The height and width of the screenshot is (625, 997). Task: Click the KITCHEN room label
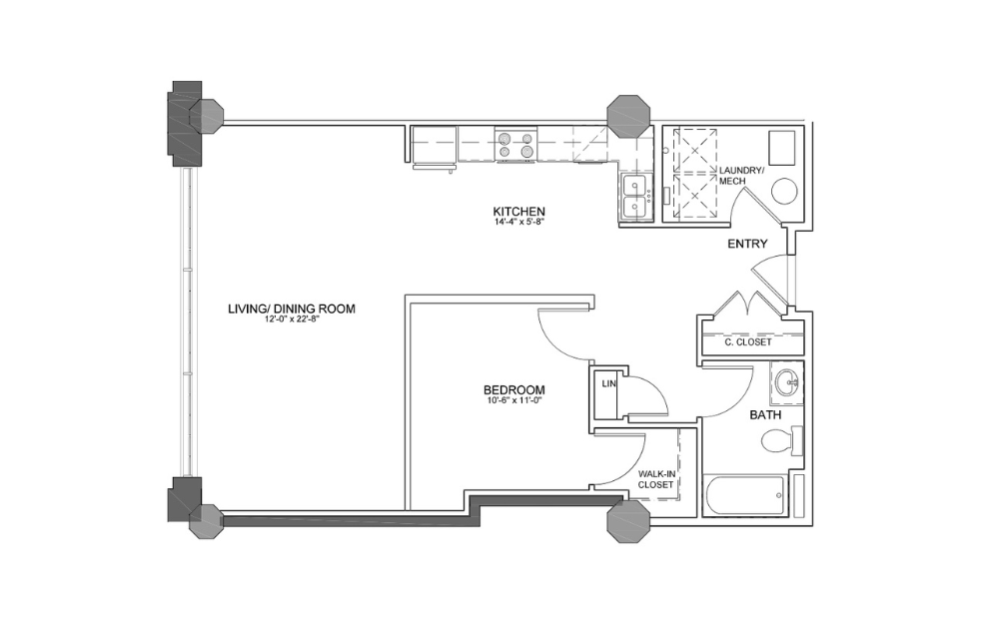tap(518, 211)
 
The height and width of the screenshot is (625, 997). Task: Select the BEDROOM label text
tap(513, 389)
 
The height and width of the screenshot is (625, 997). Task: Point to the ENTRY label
tap(747, 244)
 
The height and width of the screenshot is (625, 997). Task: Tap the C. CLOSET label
tap(748, 341)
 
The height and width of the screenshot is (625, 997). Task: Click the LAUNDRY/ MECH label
tap(742, 175)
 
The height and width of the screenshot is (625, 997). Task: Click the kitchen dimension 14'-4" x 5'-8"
tap(518, 223)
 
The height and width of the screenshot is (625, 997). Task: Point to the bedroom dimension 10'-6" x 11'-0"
tap(513, 401)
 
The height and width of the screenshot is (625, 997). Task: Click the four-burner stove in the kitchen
tap(516, 146)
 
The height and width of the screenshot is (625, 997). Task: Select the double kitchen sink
tap(633, 196)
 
